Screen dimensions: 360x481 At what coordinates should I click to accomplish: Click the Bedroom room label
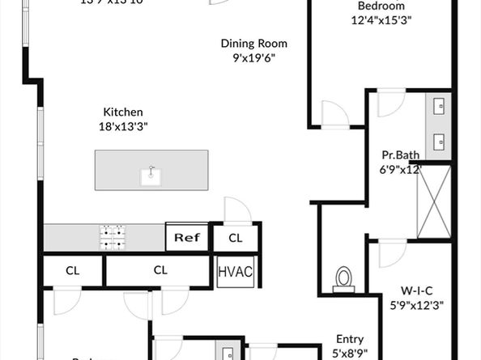point(381,6)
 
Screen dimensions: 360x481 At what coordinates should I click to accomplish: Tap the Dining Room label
point(254,44)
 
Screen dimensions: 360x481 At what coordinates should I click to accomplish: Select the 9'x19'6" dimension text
point(254,58)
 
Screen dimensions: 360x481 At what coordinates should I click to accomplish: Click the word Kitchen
point(123,112)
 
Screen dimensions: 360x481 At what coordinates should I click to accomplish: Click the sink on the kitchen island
point(150,173)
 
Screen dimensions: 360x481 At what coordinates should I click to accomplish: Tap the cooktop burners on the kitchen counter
point(113,236)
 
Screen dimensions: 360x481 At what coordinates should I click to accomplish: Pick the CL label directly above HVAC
point(235,238)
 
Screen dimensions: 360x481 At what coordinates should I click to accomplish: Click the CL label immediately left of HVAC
point(160,270)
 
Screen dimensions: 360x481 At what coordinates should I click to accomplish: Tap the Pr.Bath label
point(400,155)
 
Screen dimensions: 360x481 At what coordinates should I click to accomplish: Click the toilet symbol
point(344,277)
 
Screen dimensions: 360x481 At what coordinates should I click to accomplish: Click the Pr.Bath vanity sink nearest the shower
point(441,140)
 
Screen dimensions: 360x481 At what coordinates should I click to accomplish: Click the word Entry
point(350,340)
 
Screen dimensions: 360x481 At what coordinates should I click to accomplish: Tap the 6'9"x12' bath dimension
point(401,169)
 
